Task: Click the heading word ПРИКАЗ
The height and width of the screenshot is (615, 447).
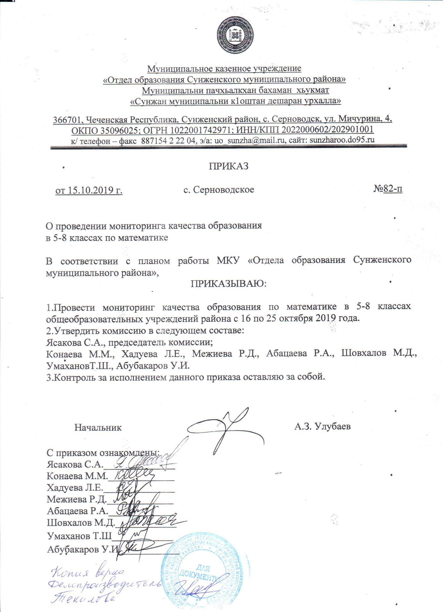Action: (x=228, y=166)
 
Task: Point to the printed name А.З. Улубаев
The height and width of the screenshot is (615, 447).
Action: (x=323, y=427)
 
